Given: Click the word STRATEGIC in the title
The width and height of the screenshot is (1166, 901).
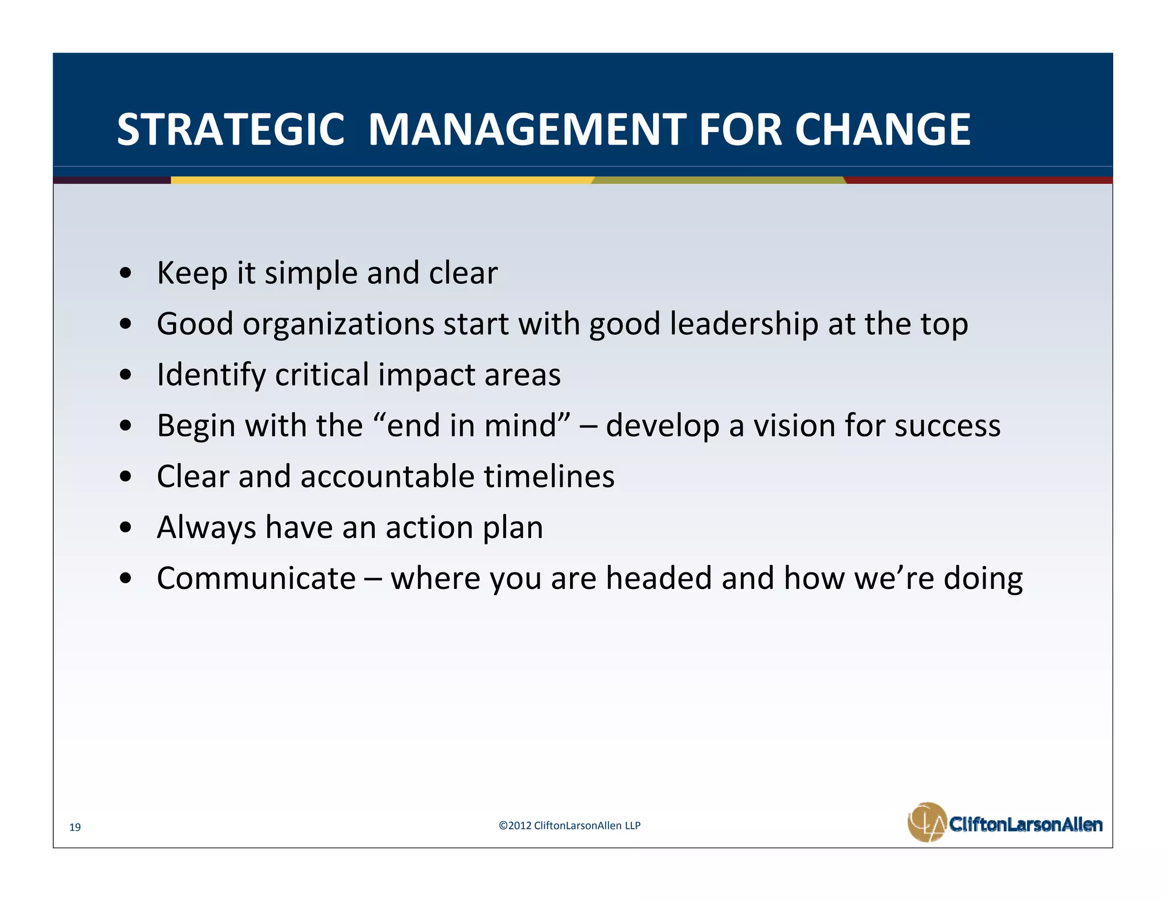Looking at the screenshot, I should pyautogui.click(x=231, y=130).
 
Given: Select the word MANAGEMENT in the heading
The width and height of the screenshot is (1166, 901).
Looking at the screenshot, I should pyautogui.click(x=527, y=130).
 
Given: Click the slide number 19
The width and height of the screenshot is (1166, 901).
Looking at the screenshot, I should pyautogui.click(x=75, y=828).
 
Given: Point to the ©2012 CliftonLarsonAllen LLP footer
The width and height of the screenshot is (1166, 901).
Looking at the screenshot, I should pyautogui.click(x=569, y=825).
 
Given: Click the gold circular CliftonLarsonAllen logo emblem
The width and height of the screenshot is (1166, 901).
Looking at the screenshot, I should pyautogui.click(x=927, y=822).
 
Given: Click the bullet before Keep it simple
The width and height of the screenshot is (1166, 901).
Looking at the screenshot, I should pyautogui.click(x=126, y=273).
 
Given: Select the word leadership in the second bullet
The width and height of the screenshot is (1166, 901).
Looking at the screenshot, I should pyautogui.click(x=744, y=323).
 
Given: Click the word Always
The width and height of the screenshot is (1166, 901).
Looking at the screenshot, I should pyautogui.click(x=206, y=528).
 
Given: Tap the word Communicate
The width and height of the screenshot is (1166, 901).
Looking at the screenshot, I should pyautogui.click(x=256, y=578).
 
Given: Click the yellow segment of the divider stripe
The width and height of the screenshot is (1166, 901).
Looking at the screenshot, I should pyautogui.click(x=381, y=180).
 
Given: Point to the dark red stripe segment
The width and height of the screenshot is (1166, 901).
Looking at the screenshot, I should pyautogui.click(x=979, y=180).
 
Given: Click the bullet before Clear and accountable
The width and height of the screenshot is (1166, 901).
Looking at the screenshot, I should pyautogui.click(x=126, y=477).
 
